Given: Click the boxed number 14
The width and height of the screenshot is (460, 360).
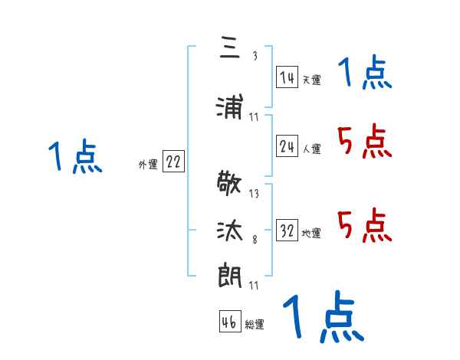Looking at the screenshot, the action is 287,77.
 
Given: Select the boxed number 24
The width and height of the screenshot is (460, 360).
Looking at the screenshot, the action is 287,147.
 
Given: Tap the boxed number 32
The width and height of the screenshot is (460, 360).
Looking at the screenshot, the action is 287,231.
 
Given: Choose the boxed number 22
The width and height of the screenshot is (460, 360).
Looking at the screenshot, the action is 173,162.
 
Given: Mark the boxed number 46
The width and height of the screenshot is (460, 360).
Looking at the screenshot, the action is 229,322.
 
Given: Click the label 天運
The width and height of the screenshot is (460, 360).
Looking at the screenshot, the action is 311,80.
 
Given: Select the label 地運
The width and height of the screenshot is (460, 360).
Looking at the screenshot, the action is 311,234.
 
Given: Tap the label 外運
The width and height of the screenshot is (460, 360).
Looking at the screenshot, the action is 148,164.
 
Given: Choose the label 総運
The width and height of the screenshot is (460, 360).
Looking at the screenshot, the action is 254,325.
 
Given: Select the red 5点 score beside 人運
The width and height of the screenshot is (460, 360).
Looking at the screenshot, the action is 364,142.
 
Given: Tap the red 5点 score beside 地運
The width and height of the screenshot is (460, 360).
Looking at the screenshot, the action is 364,226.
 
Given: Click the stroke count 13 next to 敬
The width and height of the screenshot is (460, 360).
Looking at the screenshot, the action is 254,194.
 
